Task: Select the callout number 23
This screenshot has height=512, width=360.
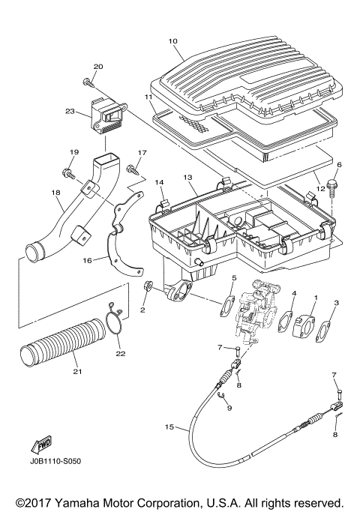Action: point(70,112)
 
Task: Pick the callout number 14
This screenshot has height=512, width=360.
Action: point(159,182)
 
